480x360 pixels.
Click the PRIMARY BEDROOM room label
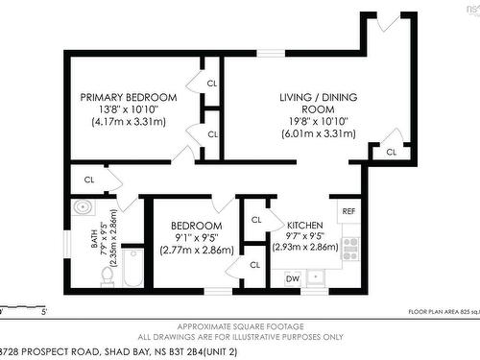coord(128,98)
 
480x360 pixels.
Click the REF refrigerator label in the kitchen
coord(348,210)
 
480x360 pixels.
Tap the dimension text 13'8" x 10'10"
coord(128,109)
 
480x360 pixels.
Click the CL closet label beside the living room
coord(391,153)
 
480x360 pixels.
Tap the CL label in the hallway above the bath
coord(88,180)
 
